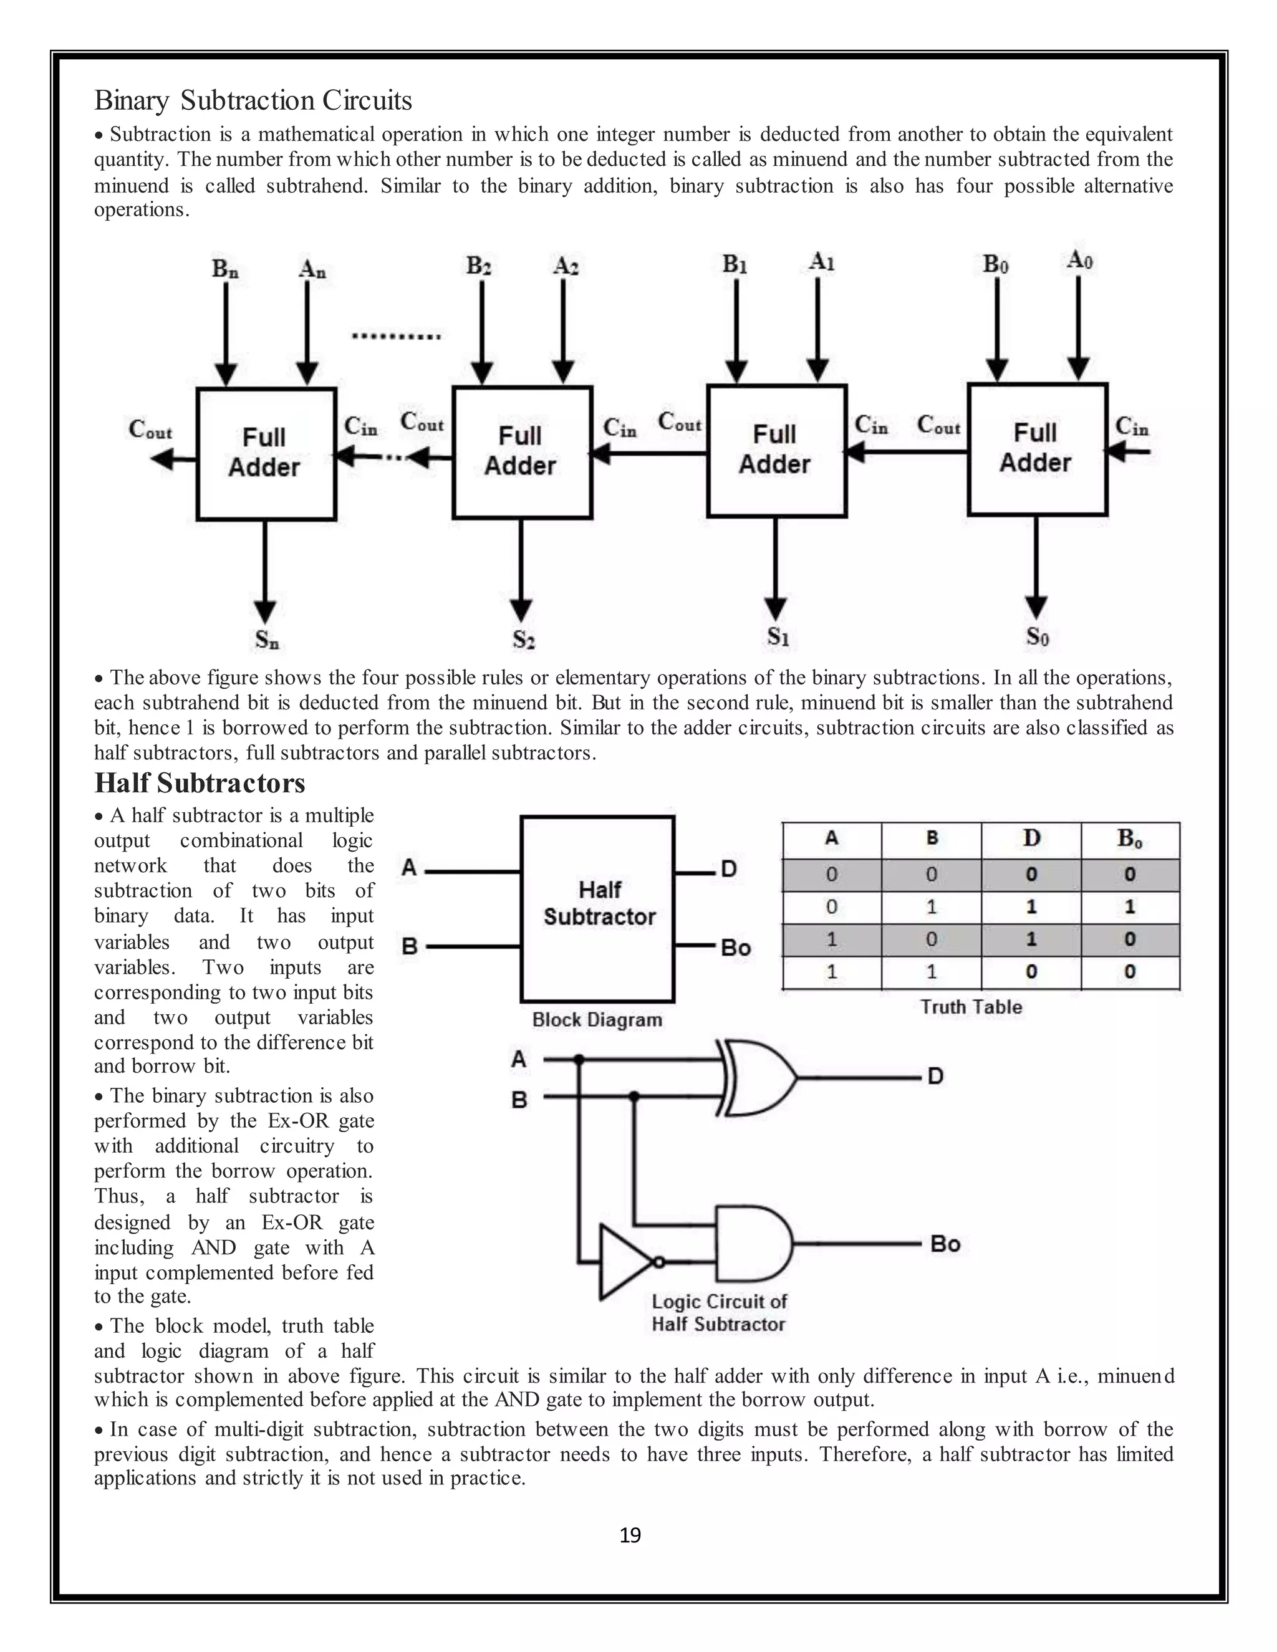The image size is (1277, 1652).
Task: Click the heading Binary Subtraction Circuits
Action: tap(253, 100)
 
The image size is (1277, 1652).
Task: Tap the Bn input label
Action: tap(224, 269)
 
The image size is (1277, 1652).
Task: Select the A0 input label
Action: tap(1079, 261)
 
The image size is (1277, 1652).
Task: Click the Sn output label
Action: tap(266, 640)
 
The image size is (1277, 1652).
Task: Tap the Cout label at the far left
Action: tap(150, 430)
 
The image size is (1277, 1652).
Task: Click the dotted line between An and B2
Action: tap(397, 336)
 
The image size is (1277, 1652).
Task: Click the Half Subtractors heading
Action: tap(200, 782)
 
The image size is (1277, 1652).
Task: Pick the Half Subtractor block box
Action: tap(597, 908)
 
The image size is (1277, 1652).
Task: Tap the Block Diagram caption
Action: tap(597, 1020)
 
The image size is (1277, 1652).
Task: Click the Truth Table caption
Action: tap(971, 1007)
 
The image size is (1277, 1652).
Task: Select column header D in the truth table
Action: tap(1031, 838)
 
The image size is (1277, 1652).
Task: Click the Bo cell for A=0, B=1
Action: tap(1129, 906)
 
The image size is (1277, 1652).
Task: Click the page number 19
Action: tap(629, 1535)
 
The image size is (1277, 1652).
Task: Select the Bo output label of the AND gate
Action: tap(945, 1244)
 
